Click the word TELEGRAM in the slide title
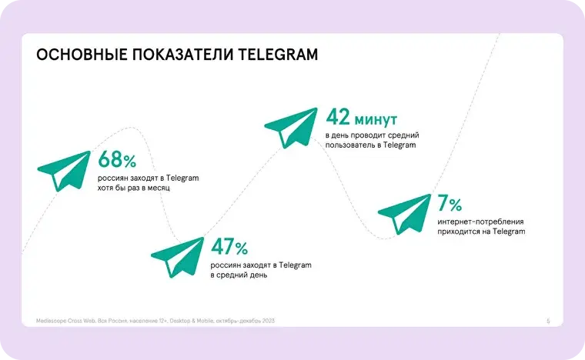coord(278,55)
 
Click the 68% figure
coord(117,159)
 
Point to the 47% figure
coord(229,246)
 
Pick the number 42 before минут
coord(338,117)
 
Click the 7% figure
coord(450,203)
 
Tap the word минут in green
coord(376,119)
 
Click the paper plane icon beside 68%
coord(64,171)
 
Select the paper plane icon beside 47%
coord(178,257)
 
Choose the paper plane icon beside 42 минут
coord(291,128)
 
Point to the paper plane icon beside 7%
coord(404,215)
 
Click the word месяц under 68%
coord(159,188)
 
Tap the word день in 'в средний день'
coord(257,275)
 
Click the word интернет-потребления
coord(480,222)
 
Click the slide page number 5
coord(548,321)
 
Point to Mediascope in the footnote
coord(51,321)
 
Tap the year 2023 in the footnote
coord(268,321)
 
